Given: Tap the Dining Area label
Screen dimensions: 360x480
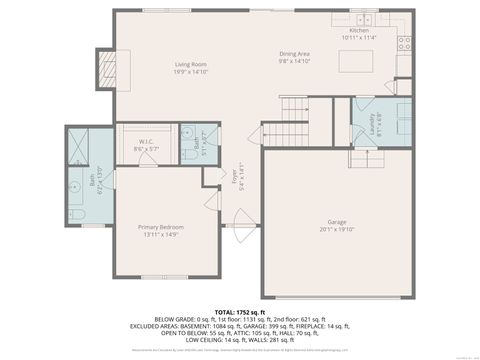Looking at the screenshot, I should click(293, 54).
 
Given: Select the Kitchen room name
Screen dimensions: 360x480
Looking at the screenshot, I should click(360, 30).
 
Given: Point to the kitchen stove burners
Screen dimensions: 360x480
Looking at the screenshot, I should click(405, 43).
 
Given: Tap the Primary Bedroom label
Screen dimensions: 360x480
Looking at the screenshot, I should click(162, 227).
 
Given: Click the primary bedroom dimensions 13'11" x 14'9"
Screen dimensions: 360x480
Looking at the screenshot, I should click(162, 234).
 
